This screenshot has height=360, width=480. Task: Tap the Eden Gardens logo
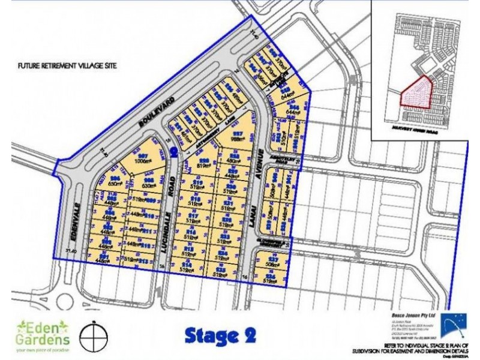point(43,334)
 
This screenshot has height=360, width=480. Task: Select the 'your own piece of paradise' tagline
point(43,349)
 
